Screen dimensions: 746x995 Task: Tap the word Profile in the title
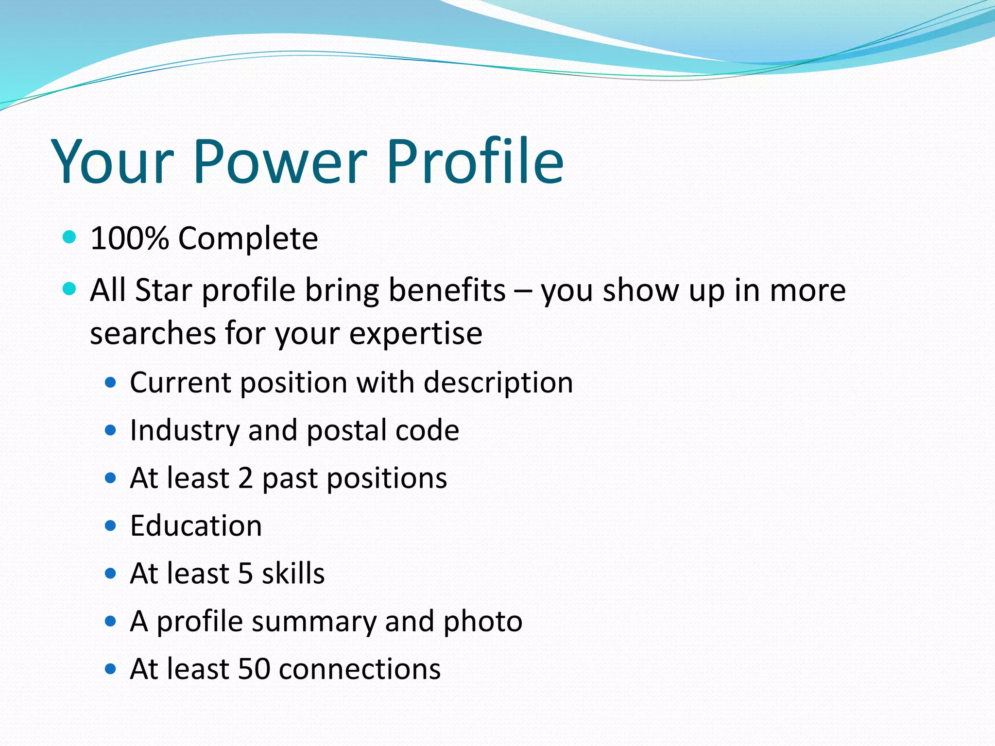pyautogui.click(x=475, y=161)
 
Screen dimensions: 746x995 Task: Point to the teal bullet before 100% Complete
pyautogui.click(x=70, y=237)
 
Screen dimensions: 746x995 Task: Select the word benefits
pyautogui.click(x=447, y=290)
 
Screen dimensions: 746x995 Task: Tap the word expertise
pyautogui.click(x=415, y=334)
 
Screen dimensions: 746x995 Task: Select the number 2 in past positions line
pyautogui.click(x=245, y=478)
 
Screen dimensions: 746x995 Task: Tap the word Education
pyautogui.click(x=196, y=526)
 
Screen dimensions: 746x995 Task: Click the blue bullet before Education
pyautogui.click(x=111, y=526)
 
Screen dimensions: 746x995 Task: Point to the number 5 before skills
pyautogui.click(x=245, y=574)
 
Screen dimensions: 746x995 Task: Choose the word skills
pyautogui.click(x=293, y=574)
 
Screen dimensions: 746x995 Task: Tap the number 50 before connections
pyautogui.click(x=254, y=669)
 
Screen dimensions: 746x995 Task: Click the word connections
pyautogui.click(x=360, y=669)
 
